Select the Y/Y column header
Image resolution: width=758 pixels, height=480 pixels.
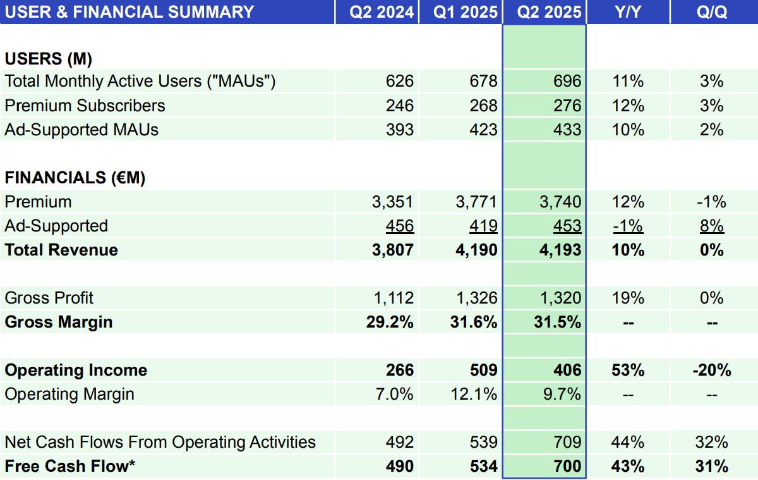(x=628, y=12)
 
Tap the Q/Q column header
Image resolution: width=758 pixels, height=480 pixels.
(x=712, y=12)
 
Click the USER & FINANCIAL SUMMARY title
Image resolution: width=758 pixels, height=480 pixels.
(x=130, y=12)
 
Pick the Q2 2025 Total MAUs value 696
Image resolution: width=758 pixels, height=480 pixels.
(x=567, y=81)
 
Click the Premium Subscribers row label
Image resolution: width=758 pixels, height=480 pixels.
(x=85, y=106)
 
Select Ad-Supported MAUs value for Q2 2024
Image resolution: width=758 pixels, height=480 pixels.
(x=400, y=130)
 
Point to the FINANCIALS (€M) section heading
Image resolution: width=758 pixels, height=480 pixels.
(x=75, y=178)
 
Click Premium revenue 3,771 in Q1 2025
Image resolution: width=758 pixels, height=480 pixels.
(x=476, y=202)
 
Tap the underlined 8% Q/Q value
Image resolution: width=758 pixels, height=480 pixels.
(x=712, y=226)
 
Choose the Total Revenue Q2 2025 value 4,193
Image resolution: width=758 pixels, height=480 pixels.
(x=560, y=250)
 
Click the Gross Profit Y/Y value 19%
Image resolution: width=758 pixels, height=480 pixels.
(x=628, y=298)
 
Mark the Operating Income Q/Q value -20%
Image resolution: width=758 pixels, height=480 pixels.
(x=712, y=370)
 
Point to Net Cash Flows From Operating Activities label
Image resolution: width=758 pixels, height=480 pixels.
(x=160, y=442)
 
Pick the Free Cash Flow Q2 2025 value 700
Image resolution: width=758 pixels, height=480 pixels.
(x=567, y=467)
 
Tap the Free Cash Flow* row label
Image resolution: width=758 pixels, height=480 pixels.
(x=70, y=467)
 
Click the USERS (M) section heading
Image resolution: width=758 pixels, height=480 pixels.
(x=49, y=59)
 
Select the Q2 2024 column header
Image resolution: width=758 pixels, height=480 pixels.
(x=383, y=12)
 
